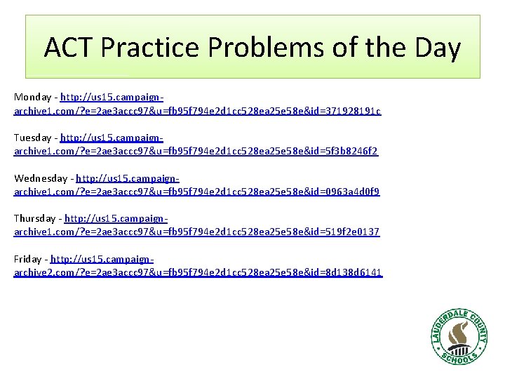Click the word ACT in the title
[69, 48]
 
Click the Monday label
[32, 97]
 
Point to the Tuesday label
[33, 138]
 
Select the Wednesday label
[40, 178]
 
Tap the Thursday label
[35, 218]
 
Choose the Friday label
[27, 259]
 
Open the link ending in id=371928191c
[198, 111]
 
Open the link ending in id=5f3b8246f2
[196, 152]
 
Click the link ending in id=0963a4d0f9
[197, 192]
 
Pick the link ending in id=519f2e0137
[197, 232]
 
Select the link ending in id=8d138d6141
[198, 272]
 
